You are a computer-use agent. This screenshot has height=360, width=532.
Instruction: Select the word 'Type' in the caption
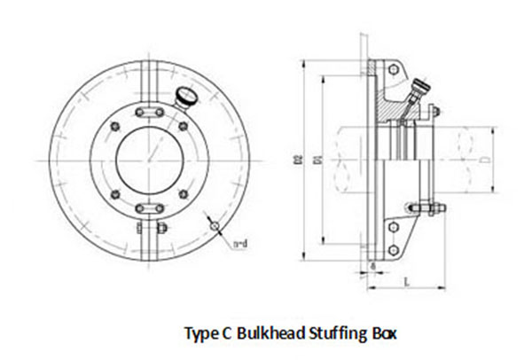199,333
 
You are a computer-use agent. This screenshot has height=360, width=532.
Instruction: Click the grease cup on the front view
185,95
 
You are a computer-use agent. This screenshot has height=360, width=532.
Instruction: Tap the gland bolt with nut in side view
424,209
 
